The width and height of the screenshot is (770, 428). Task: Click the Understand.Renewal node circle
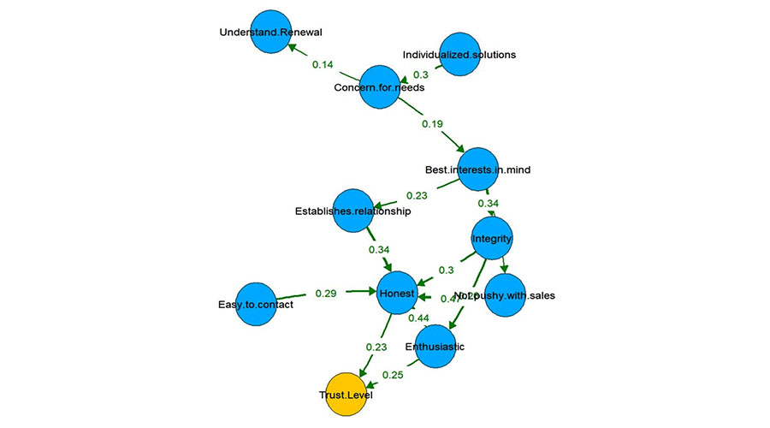click(276, 33)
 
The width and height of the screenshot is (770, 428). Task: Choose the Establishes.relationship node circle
click(353, 211)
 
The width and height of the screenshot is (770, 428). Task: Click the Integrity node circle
click(493, 238)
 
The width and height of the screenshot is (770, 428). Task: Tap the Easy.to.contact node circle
click(255, 304)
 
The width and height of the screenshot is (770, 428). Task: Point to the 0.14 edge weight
click(323, 64)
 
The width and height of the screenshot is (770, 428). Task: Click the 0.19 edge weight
click(433, 124)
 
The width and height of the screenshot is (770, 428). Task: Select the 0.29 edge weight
click(326, 293)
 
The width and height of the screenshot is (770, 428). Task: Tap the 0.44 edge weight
click(418, 318)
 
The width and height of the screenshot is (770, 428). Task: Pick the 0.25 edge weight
click(393, 374)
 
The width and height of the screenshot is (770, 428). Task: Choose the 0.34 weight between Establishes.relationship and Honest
click(379, 249)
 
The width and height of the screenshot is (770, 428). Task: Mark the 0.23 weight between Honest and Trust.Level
click(376, 347)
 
